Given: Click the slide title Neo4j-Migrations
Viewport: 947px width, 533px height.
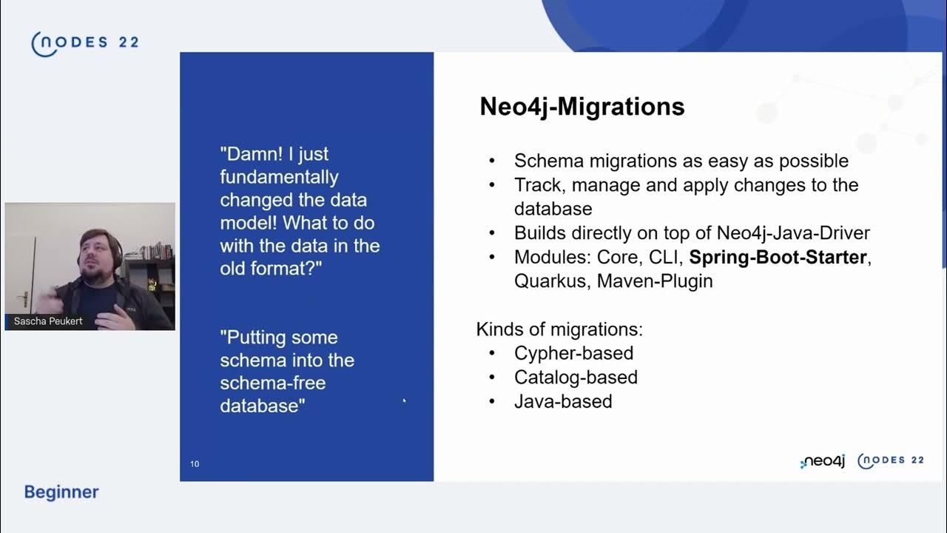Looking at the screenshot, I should click(x=582, y=107).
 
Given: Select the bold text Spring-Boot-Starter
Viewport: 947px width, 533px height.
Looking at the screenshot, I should click(x=778, y=258).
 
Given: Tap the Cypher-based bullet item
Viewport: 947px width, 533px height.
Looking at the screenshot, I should click(x=573, y=353).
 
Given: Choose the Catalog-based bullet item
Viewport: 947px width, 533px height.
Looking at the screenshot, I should click(x=576, y=378).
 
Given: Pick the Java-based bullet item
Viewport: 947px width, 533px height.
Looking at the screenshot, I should click(x=563, y=402).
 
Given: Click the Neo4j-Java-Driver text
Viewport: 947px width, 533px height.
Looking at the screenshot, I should click(x=793, y=233).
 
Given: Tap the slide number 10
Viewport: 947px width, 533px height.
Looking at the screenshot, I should click(x=195, y=464).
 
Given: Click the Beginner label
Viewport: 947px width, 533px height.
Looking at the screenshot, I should click(x=61, y=492).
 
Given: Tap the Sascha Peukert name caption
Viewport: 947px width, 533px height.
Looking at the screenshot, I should click(x=49, y=321).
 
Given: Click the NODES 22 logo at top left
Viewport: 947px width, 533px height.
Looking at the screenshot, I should click(x=84, y=43).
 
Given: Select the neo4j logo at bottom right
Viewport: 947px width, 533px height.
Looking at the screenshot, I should click(x=823, y=461).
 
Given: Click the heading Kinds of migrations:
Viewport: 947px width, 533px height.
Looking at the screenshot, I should click(x=559, y=329).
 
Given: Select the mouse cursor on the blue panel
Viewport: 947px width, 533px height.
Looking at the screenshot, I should click(x=404, y=400).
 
